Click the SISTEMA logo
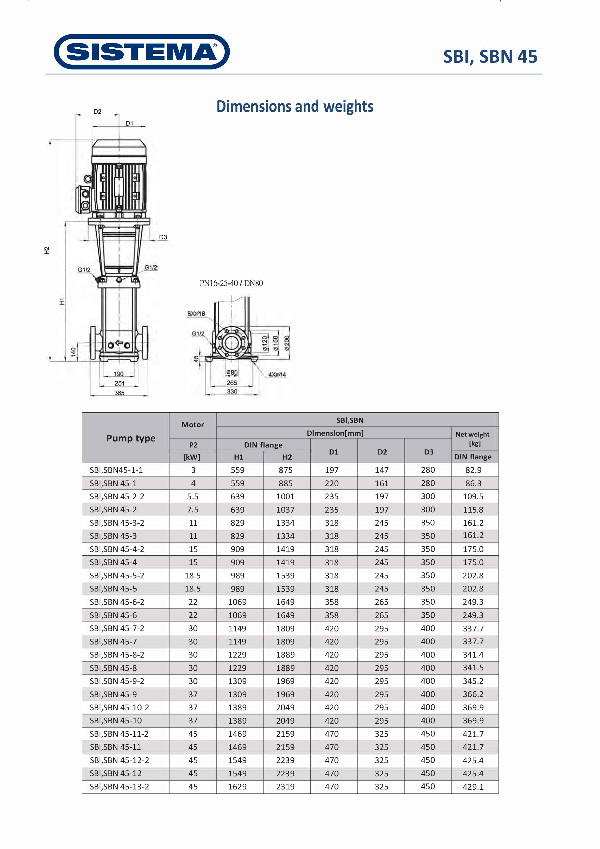(142, 52)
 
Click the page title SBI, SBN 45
(490, 57)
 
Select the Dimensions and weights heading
(295, 106)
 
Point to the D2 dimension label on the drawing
(97, 112)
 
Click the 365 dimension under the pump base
(119, 393)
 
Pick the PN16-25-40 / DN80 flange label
(231, 283)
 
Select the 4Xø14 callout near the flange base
(277, 375)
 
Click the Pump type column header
(131, 438)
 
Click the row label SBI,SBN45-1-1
(116, 470)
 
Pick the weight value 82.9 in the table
(473, 470)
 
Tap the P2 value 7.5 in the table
(193, 509)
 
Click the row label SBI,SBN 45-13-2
(119, 787)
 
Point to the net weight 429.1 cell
(473, 787)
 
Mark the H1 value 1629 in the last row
(237, 787)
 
